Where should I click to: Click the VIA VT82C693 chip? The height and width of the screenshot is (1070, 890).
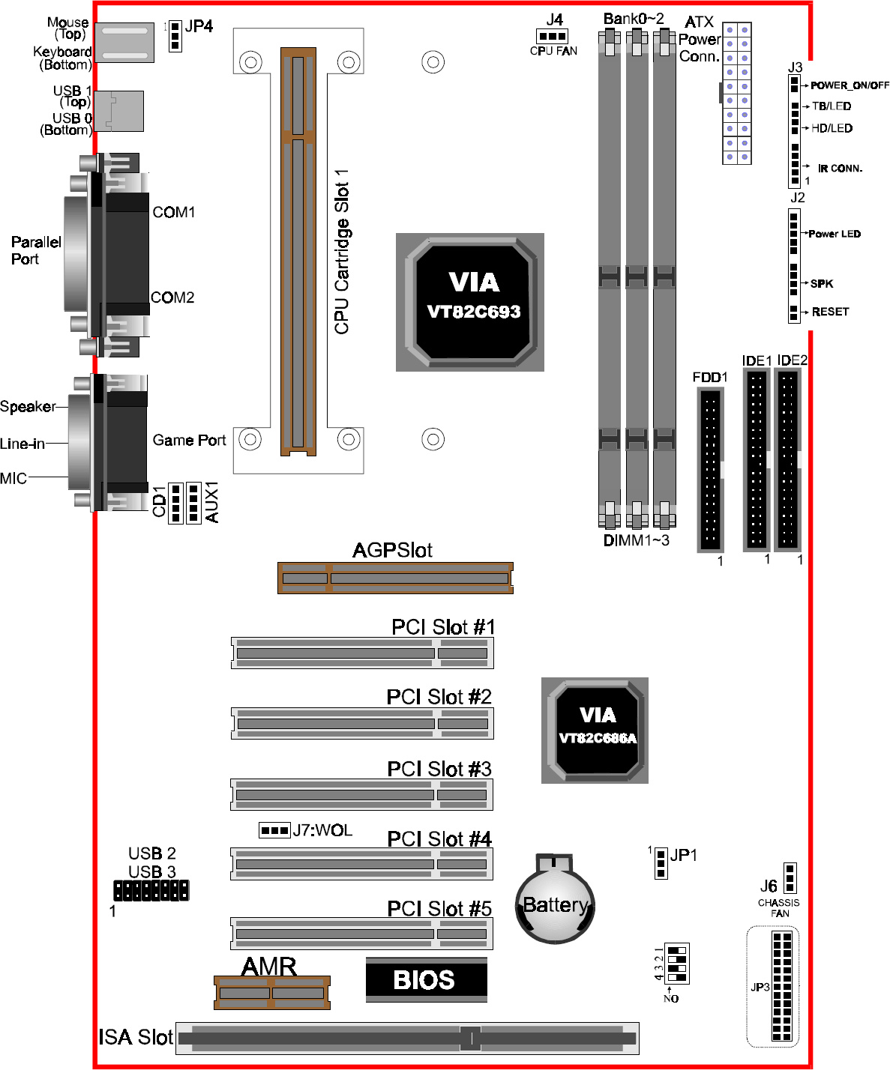pyautogui.click(x=470, y=302)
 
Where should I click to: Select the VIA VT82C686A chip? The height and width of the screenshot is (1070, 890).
pyautogui.click(x=595, y=731)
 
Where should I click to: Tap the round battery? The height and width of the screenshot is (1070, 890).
pyautogui.click(x=555, y=900)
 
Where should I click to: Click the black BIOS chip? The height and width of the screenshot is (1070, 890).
pyautogui.click(x=427, y=980)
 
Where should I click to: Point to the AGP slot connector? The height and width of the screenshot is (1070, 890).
pyautogui.click(x=395, y=578)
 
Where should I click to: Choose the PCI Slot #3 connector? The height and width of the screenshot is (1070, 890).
pyautogui.click(x=361, y=795)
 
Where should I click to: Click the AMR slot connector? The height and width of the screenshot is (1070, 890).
pyautogui.click(x=272, y=993)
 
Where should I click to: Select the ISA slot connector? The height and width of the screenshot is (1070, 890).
pyautogui.click(x=407, y=1039)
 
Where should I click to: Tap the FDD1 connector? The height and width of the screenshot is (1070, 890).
pyautogui.click(x=711, y=470)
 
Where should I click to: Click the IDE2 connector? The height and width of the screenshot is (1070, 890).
pyautogui.click(x=788, y=459)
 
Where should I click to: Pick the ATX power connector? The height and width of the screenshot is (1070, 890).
pyautogui.click(x=737, y=93)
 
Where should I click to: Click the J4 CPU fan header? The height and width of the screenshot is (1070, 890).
pyautogui.click(x=553, y=37)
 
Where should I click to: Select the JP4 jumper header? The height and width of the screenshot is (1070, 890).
pyautogui.click(x=175, y=36)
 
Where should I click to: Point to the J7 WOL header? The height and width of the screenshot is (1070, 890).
pyautogui.click(x=275, y=830)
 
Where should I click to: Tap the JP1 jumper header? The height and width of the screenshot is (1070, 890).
pyautogui.click(x=661, y=864)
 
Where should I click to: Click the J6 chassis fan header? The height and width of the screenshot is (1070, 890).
pyautogui.click(x=790, y=878)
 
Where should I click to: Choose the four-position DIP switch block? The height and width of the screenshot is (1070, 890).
pyautogui.click(x=676, y=964)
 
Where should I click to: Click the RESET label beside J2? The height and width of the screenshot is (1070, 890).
pyautogui.click(x=830, y=312)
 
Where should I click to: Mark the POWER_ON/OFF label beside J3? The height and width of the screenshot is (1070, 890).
pyautogui.click(x=850, y=85)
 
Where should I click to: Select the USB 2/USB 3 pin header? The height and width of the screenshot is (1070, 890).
pyautogui.click(x=151, y=891)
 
